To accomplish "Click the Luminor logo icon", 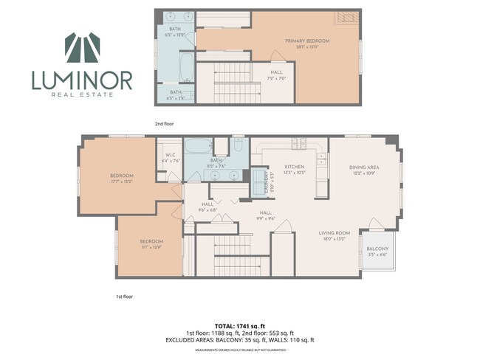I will click(81, 49).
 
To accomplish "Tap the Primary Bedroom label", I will click(307, 43).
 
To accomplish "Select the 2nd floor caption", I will click(165, 123).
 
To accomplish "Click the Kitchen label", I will click(285, 169).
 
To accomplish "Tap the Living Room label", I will click(335, 235).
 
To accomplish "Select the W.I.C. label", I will click(171, 158).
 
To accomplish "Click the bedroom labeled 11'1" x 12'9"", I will click(151, 244).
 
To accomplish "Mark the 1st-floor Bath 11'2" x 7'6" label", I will click(216, 163).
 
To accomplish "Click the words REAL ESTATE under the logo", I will click(81, 94).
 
